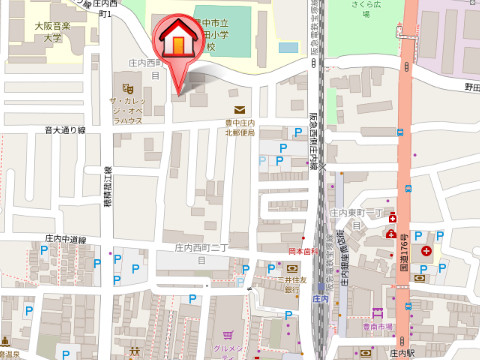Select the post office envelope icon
(239, 110)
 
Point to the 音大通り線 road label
(65, 129)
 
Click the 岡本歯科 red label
(301, 251)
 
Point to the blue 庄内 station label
(320, 298)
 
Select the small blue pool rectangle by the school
(288, 46)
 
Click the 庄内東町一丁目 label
(361, 214)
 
